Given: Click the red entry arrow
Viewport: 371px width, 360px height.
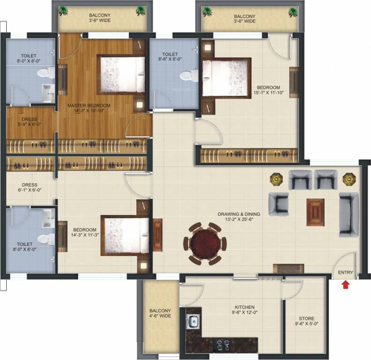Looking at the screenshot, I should click(x=346, y=284).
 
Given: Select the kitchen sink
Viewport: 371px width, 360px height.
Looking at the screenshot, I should click(x=193, y=322).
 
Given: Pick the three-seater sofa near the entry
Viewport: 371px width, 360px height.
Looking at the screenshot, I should click(x=349, y=213).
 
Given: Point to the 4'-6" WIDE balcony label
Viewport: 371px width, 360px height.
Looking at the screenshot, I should click(x=160, y=313).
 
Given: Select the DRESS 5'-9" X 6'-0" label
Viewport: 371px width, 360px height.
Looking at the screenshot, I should click(x=29, y=122).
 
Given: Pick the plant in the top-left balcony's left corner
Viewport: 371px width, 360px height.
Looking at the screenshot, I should click(x=64, y=10).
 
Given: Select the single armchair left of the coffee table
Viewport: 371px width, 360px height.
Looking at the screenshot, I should click(x=278, y=203).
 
